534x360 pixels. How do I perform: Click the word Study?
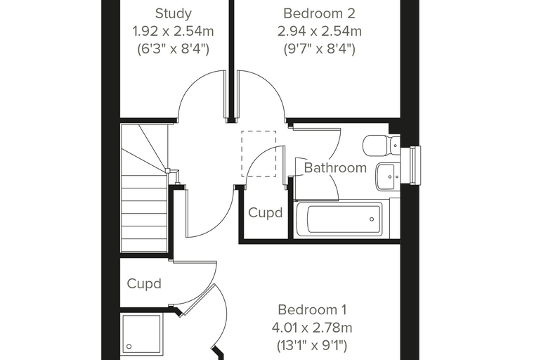(174, 13)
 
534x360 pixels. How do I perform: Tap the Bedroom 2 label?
(319, 13)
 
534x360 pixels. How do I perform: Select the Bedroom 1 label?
(312, 310)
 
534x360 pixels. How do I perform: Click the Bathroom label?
(335, 168)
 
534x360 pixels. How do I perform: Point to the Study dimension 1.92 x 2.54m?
(173, 32)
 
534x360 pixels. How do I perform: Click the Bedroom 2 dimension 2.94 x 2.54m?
(319, 32)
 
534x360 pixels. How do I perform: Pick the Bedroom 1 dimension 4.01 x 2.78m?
(312, 328)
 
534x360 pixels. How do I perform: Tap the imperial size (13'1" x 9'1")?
(312, 345)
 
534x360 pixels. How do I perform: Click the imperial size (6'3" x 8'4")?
(173, 49)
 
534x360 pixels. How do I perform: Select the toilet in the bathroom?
(381, 146)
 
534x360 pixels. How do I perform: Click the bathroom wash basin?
(388, 176)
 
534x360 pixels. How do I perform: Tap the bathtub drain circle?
(372, 219)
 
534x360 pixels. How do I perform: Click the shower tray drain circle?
(129, 347)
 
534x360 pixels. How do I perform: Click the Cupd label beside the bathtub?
(266, 213)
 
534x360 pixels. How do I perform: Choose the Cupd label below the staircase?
(144, 283)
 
